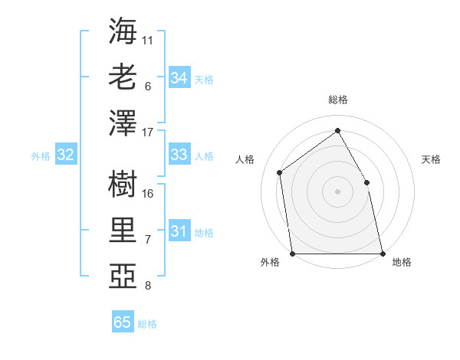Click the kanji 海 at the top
[x=123, y=31]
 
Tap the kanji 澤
[x=123, y=123]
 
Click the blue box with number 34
[x=179, y=78]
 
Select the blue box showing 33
[x=179, y=155]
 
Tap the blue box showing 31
[x=179, y=231]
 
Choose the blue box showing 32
[x=66, y=155]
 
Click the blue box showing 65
[x=123, y=322]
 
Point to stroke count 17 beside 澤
[x=148, y=133]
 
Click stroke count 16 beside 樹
[x=148, y=193]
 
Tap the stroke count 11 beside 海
[x=148, y=40]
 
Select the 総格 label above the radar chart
[x=337, y=100]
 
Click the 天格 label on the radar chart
[x=431, y=159]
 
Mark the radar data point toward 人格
[x=280, y=172]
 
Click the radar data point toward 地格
[x=382, y=254]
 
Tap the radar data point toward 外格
[x=292, y=254]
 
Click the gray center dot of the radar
[x=337, y=191]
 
